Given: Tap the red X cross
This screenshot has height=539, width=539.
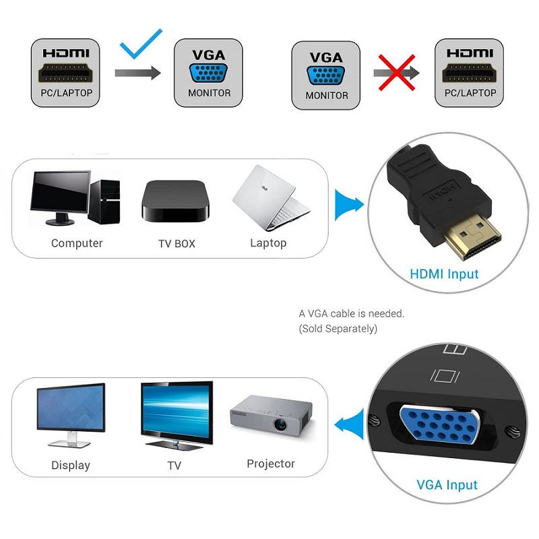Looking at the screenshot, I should [395, 72].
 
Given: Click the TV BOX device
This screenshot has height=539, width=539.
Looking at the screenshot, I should [175, 200].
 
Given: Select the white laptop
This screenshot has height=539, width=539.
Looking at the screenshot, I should [270, 199].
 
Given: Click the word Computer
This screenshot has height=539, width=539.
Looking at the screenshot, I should [77, 243].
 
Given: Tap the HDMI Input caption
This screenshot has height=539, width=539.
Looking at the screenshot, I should [444, 274].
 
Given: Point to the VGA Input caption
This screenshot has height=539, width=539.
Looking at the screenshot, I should [447, 484].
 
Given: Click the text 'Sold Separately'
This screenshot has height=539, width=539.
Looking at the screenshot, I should [338, 329].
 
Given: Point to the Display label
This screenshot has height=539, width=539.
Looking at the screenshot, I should [70, 466].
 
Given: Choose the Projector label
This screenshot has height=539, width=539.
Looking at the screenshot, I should [271, 464].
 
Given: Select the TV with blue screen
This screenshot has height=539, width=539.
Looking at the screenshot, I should [176, 413].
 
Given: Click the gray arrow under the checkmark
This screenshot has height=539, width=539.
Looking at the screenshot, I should [137, 72].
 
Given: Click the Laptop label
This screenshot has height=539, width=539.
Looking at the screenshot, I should [268, 243].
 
